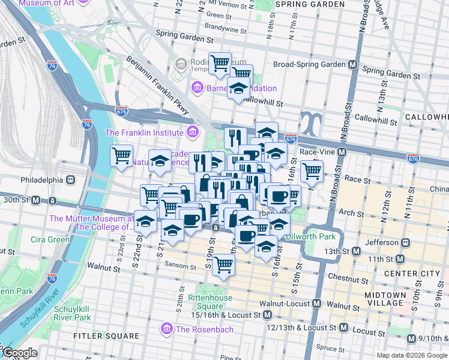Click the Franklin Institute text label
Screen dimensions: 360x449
[x=143, y=132]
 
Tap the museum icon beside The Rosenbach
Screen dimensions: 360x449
[x=166, y=329]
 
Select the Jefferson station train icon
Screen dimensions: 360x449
[x=406, y=242]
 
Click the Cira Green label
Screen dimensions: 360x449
[x=50, y=239]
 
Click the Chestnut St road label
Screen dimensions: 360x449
[x=348, y=277]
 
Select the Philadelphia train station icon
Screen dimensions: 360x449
[x=70, y=179]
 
